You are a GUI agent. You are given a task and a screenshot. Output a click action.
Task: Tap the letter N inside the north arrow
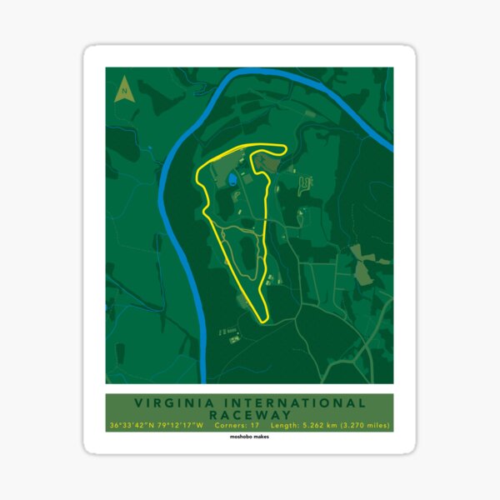click(x=123, y=84)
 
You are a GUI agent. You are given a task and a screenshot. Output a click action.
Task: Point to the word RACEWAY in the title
click(x=249, y=414)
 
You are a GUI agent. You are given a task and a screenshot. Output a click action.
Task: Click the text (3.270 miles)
click(x=367, y=426)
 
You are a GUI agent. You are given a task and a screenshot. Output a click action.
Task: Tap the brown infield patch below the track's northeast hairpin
click(x=305, y=178)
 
